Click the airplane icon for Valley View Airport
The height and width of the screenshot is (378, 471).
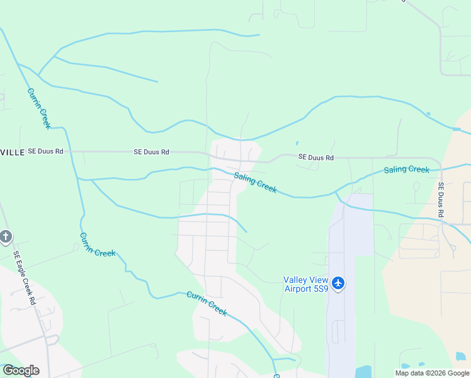coord(338,283)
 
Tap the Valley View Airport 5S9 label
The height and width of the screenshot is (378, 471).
coord(306,284)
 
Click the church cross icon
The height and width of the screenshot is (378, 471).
coord(5,237)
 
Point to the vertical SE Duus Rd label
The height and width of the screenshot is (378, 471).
coord(441,201)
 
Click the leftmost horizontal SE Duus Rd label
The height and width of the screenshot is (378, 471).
coord(46,152)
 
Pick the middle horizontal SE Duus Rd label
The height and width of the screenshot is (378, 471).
coord(151,152)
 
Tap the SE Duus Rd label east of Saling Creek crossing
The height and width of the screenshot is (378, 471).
coord(315,157)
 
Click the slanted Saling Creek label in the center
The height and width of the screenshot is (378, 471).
coord(255,183)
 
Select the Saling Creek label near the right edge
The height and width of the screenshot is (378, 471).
coord(406,169)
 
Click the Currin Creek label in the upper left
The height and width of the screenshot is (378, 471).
coord(38,108)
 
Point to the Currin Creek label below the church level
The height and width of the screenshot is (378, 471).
coord(97,244)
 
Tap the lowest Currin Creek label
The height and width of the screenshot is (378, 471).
coord(207,303)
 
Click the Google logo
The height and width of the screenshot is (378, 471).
coord(21,370)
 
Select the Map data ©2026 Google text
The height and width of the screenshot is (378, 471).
coord(431,373)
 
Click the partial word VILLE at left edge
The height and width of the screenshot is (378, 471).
coord(12,152)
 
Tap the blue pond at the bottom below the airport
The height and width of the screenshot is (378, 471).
coord(363,372)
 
